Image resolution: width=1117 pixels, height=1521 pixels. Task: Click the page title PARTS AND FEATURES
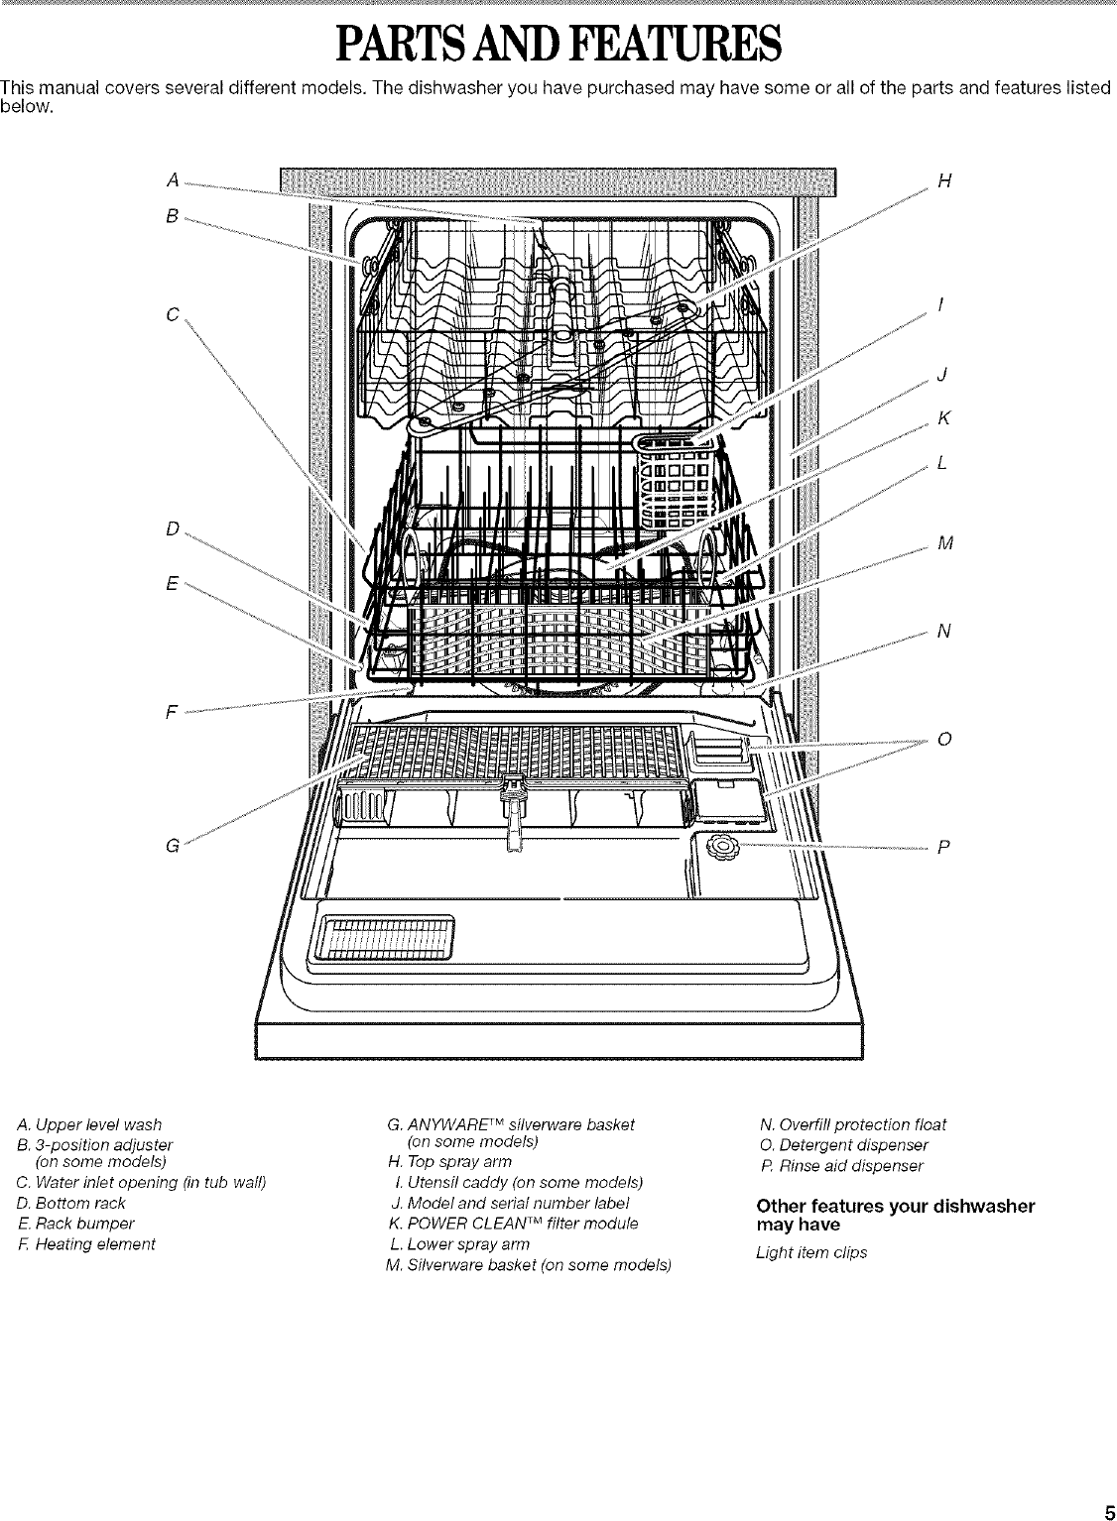tap(558, 45)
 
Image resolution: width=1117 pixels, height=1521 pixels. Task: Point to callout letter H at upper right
tap(944, 180)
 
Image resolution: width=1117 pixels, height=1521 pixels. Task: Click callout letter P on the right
tap(943, 847)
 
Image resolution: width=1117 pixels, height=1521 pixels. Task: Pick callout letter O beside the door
tap(944, 739)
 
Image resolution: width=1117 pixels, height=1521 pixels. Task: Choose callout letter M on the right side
tap(944, 542)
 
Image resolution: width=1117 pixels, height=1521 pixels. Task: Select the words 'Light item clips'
tap(811, 1252)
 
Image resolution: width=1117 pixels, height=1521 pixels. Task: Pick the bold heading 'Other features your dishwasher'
tap(895, 1206)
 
